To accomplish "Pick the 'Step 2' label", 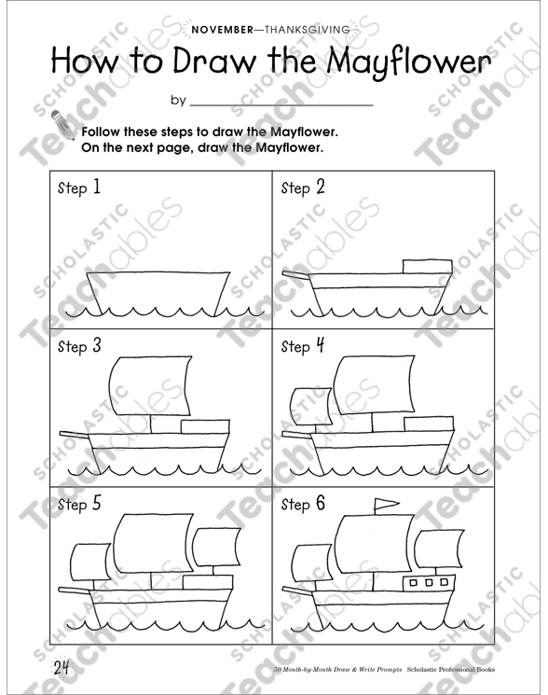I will point(304,188).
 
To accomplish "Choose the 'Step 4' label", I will point(304,346).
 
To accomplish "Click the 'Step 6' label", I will point(304,505).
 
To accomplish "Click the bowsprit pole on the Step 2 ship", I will point(298,276).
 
